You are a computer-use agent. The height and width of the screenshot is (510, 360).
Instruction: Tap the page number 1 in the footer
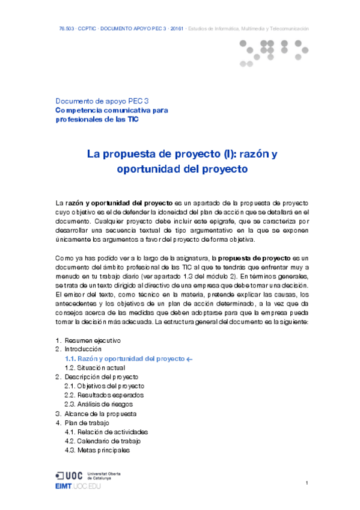[x=307, y=483]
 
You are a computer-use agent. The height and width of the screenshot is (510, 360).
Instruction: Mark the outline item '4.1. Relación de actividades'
[x=106, y=432]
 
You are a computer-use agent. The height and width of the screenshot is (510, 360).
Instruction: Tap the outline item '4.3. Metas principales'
[x=97, y=450]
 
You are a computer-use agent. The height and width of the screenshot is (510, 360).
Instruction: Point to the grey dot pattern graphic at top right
[x=273, y=51]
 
